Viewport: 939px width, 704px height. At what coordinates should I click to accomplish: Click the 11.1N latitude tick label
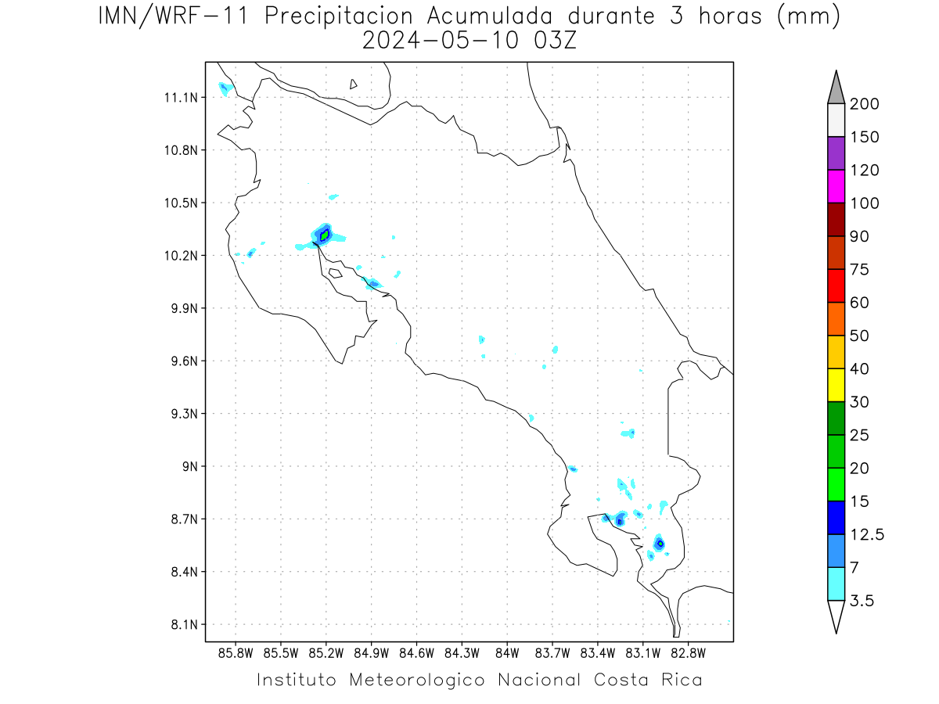[x=181, y=98]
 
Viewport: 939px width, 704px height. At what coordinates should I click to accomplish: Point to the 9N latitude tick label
[x=190, y=466]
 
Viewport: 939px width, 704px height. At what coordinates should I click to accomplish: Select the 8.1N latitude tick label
[x=185, y=624]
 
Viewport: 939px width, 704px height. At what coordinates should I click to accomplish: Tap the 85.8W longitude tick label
[x=236, y=654]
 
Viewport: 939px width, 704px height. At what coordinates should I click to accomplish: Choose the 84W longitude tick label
[x=507, y=654]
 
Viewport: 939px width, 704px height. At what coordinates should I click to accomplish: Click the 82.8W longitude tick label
[x=688, y=654]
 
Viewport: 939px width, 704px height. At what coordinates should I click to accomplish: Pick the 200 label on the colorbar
[x=864, y=104]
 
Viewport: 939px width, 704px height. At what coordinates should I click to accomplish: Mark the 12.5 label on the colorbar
[x=867, y=535]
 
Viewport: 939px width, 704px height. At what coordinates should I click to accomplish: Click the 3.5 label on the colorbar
[x=862, y=601]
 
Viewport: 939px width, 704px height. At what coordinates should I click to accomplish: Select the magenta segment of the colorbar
[x=836, y=186]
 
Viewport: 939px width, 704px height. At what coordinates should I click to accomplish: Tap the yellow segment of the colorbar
[x=836, y=385]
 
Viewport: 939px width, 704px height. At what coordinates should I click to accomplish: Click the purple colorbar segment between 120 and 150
[x=836, y=153]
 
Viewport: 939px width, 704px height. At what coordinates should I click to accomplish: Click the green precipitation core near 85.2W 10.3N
[x=325, y=235]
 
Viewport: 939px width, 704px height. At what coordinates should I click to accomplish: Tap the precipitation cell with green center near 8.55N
[x=660, y=544]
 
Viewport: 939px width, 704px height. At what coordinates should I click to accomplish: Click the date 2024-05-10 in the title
[x=441, y=41]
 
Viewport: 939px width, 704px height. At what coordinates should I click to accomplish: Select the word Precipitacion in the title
[x=338, y=16]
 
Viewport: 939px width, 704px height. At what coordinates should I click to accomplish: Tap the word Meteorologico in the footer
[x=416, y=680]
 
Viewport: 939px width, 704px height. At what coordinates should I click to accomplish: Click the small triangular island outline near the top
[x=352, y=84]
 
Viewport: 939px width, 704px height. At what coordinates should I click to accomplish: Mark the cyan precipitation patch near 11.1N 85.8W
[x=225, y=89]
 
